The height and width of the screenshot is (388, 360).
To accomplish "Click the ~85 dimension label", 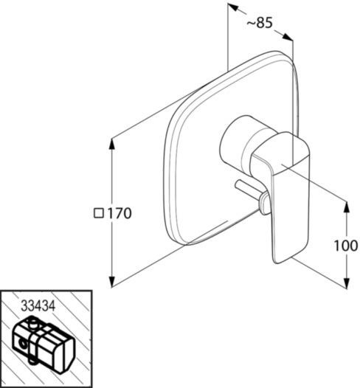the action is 260,23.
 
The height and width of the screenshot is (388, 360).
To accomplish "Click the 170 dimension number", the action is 120,213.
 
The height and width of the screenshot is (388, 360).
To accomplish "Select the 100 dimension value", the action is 346,246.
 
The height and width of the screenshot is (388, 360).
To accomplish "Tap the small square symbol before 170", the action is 99,213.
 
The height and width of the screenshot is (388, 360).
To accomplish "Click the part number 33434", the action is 38,306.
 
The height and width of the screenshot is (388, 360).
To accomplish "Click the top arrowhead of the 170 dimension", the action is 112,144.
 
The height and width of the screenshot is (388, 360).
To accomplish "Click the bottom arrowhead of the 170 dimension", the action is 112,281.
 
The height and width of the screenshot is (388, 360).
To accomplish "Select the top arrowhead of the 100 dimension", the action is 347,207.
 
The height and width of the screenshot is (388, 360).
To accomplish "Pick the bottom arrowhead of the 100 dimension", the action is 347,283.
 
